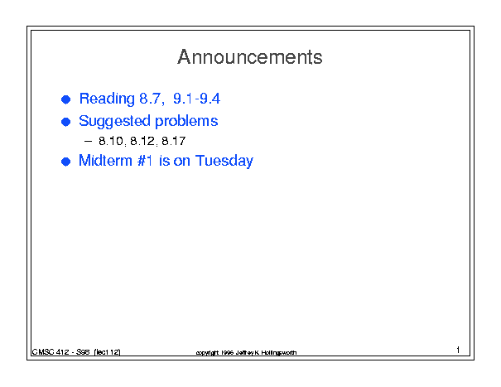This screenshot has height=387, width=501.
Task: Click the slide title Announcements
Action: point(250,57)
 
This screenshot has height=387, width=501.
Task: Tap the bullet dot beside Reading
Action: point(65,99)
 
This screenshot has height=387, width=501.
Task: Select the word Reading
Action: point(107,99)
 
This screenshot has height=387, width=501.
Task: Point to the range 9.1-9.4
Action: point(196,99)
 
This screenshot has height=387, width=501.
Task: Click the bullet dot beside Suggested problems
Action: point(65,122)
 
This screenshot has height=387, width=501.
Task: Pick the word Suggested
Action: point(114,121)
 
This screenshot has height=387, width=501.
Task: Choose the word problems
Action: point(186,121)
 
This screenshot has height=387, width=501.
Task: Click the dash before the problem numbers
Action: point(88,141)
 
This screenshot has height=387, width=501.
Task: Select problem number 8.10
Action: point(112,141)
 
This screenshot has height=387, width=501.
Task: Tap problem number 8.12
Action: point(143,141)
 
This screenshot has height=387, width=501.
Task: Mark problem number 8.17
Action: point(174,141)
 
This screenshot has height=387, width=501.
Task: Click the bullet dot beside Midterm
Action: point(65,162)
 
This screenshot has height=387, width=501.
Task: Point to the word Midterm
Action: point(105,160)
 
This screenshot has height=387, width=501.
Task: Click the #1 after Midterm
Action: point(145,160)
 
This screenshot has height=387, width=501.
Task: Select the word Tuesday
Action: point(224,161)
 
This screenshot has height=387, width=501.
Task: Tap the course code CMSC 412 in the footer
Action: point(51,352)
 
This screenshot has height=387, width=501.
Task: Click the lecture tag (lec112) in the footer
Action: point(107,352)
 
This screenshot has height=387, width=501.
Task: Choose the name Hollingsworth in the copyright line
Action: point(278,352)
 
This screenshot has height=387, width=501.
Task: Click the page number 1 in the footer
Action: point(458,350)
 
